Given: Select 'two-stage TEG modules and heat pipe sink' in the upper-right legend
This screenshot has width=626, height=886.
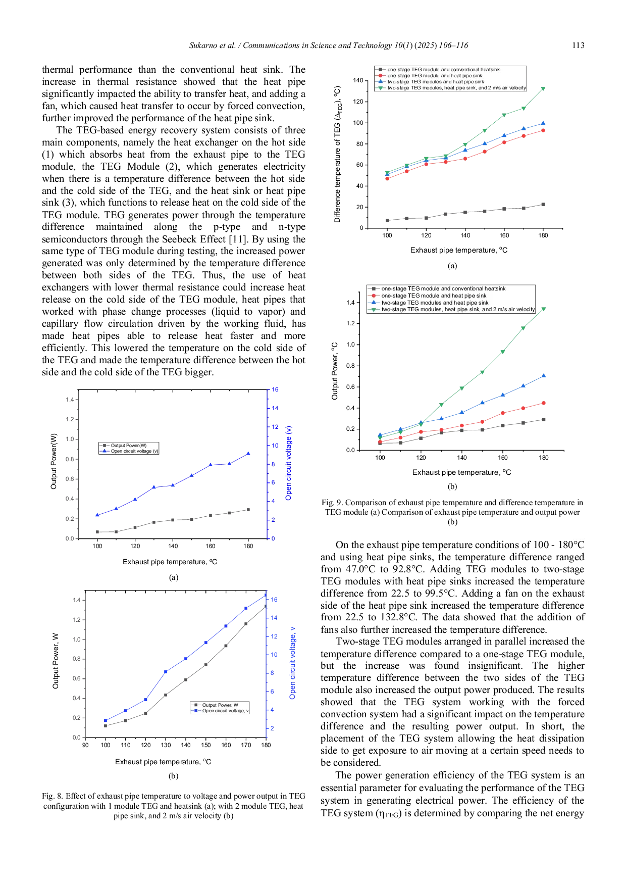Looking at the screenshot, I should (x=435, y=82).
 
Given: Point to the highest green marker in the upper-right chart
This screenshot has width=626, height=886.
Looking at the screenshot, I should (x=543, y=88).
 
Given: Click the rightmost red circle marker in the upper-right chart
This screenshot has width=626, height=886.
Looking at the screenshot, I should (x=543, y=130).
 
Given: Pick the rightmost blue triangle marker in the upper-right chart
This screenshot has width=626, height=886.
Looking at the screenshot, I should (x=543, y=123).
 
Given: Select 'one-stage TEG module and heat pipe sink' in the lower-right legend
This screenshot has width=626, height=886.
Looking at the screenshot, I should (x=434, y=296).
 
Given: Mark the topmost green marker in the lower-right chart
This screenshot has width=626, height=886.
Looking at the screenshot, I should (x=544, y=310).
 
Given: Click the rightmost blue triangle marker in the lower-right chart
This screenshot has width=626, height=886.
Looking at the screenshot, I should (x=544, y=375).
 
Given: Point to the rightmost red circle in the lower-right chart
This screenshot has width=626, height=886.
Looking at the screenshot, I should (x=544, y=403).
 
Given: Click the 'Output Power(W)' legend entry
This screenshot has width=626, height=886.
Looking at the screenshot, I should (x=129, y=446).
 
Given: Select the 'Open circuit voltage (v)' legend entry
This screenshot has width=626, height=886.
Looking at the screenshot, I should (x=135, y=451).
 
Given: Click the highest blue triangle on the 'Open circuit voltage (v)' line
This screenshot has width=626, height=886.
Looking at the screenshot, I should (x=248, y=453).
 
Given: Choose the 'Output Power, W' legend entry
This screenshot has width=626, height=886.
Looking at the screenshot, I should (x=220, y=705).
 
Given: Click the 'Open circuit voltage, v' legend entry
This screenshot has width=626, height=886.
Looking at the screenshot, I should (x=225, y=711).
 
